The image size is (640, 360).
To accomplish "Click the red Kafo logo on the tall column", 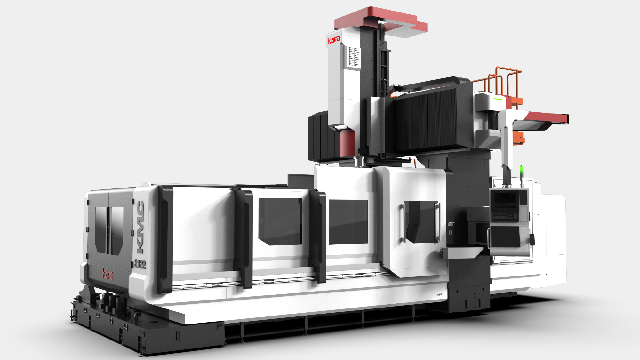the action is pos(334,40).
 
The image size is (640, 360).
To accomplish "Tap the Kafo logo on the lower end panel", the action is pos(108,274).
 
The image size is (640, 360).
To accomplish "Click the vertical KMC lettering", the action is pos(140,227).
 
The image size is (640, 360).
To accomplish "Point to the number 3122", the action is pos(140,264).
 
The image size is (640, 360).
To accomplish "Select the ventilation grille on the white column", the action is pos(354,57).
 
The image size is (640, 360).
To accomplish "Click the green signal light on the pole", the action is pos(521,170).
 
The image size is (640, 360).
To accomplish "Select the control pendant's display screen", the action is pos(505,200).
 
